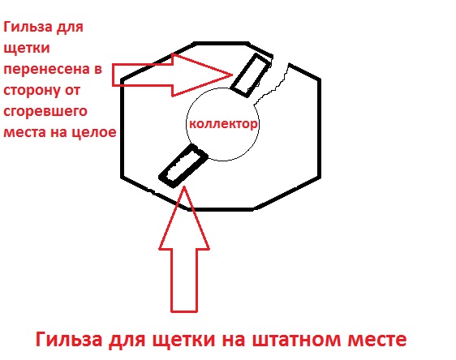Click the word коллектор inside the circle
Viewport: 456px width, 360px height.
tap(223, 124)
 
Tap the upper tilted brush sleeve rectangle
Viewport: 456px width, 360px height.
tap(251, 75)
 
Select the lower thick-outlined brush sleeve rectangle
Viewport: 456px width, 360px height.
tap(183, 165)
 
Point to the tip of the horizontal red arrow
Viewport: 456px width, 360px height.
tap(232, 75)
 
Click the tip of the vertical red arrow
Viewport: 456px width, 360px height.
tap(184, 186)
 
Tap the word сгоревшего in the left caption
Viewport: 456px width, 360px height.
tap(45, 112)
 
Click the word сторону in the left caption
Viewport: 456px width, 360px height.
tap(31, 90)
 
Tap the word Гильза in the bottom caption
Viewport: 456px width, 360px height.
tap(69, 338)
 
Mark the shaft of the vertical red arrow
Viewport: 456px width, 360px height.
tap(184, 281)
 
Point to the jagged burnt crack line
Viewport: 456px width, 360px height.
tap(273, 85)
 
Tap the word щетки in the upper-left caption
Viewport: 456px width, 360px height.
tap(27, 48)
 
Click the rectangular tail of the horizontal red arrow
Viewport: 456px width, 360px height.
tap(143, 75)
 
